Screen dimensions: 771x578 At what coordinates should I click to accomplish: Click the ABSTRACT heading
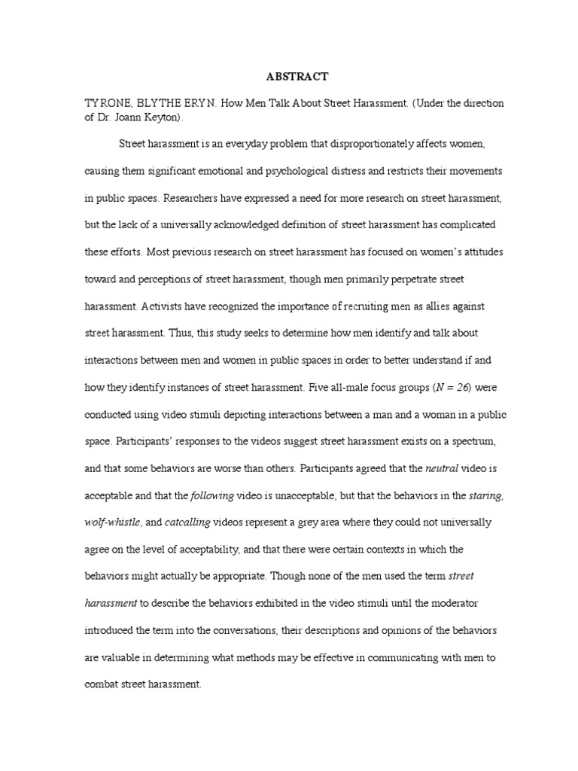297,76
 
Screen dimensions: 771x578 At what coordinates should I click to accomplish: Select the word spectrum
470,443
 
